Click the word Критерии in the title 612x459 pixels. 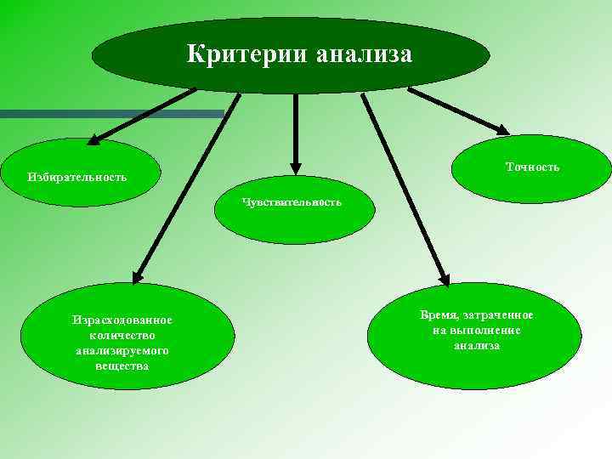(247, 55)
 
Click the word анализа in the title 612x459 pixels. (363, 55)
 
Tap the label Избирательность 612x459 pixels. (76, 177)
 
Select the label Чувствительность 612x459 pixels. (292, 202)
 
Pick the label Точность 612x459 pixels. (532, 167)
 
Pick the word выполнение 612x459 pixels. (488, 331)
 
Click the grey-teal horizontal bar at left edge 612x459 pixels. (110, 113)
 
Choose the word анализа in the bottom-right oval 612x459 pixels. (476, 346)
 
